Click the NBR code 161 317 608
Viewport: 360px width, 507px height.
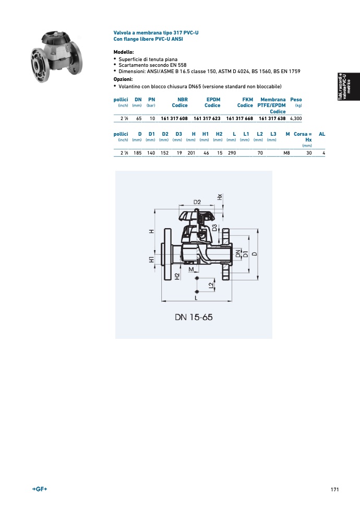click(x=174, y=119)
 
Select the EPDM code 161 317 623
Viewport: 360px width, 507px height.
click(x=207, y=119)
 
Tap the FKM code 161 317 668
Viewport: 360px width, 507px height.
click(x=239, y=119)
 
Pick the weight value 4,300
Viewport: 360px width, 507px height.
click(x=296, y=119)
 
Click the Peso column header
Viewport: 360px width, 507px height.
click(x=296, y=100)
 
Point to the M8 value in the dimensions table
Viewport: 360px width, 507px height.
click(x=286, y=153)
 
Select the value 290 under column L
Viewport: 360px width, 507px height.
click(x=232, y=153)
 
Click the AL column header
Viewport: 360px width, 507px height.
click(x=322, y=134)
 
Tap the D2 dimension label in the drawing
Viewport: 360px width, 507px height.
click(x=197, y=202)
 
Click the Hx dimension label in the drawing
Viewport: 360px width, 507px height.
click(x=220, y=197)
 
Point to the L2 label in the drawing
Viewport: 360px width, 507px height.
click(x=211, y=286)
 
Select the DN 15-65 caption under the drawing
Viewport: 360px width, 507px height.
click(x=194, y=317)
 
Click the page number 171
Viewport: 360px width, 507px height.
click(x=335, y=490)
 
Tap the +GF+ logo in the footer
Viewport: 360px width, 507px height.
click(x=40, y=489)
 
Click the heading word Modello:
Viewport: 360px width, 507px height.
click(x=124, y=52)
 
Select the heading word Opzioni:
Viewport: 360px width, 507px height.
click(x=123, y=79)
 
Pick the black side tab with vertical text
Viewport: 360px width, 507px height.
click(x=349, y=87)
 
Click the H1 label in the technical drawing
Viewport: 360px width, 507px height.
click(x=151, y=260)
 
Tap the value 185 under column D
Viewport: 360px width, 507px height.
click(x=138, y=153)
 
